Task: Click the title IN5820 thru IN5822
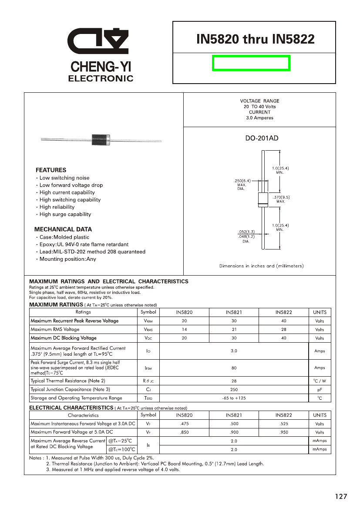point(255,39)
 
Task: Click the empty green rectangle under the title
point(251,63)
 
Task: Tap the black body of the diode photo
point(100,139)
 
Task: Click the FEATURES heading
point(51,170)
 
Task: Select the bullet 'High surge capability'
point(65,214)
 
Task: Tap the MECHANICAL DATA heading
point(63,229)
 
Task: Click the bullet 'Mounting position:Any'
point(67,259)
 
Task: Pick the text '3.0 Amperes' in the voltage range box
point(259,118)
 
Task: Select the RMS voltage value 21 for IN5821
point(234,330)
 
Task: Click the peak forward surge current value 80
point(234,368)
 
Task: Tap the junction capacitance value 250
point(234,390)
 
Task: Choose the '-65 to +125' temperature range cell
point(234,398)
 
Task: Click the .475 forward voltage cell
point(184,424)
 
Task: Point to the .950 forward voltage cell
point(283,432)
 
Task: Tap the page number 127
point(341,497)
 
